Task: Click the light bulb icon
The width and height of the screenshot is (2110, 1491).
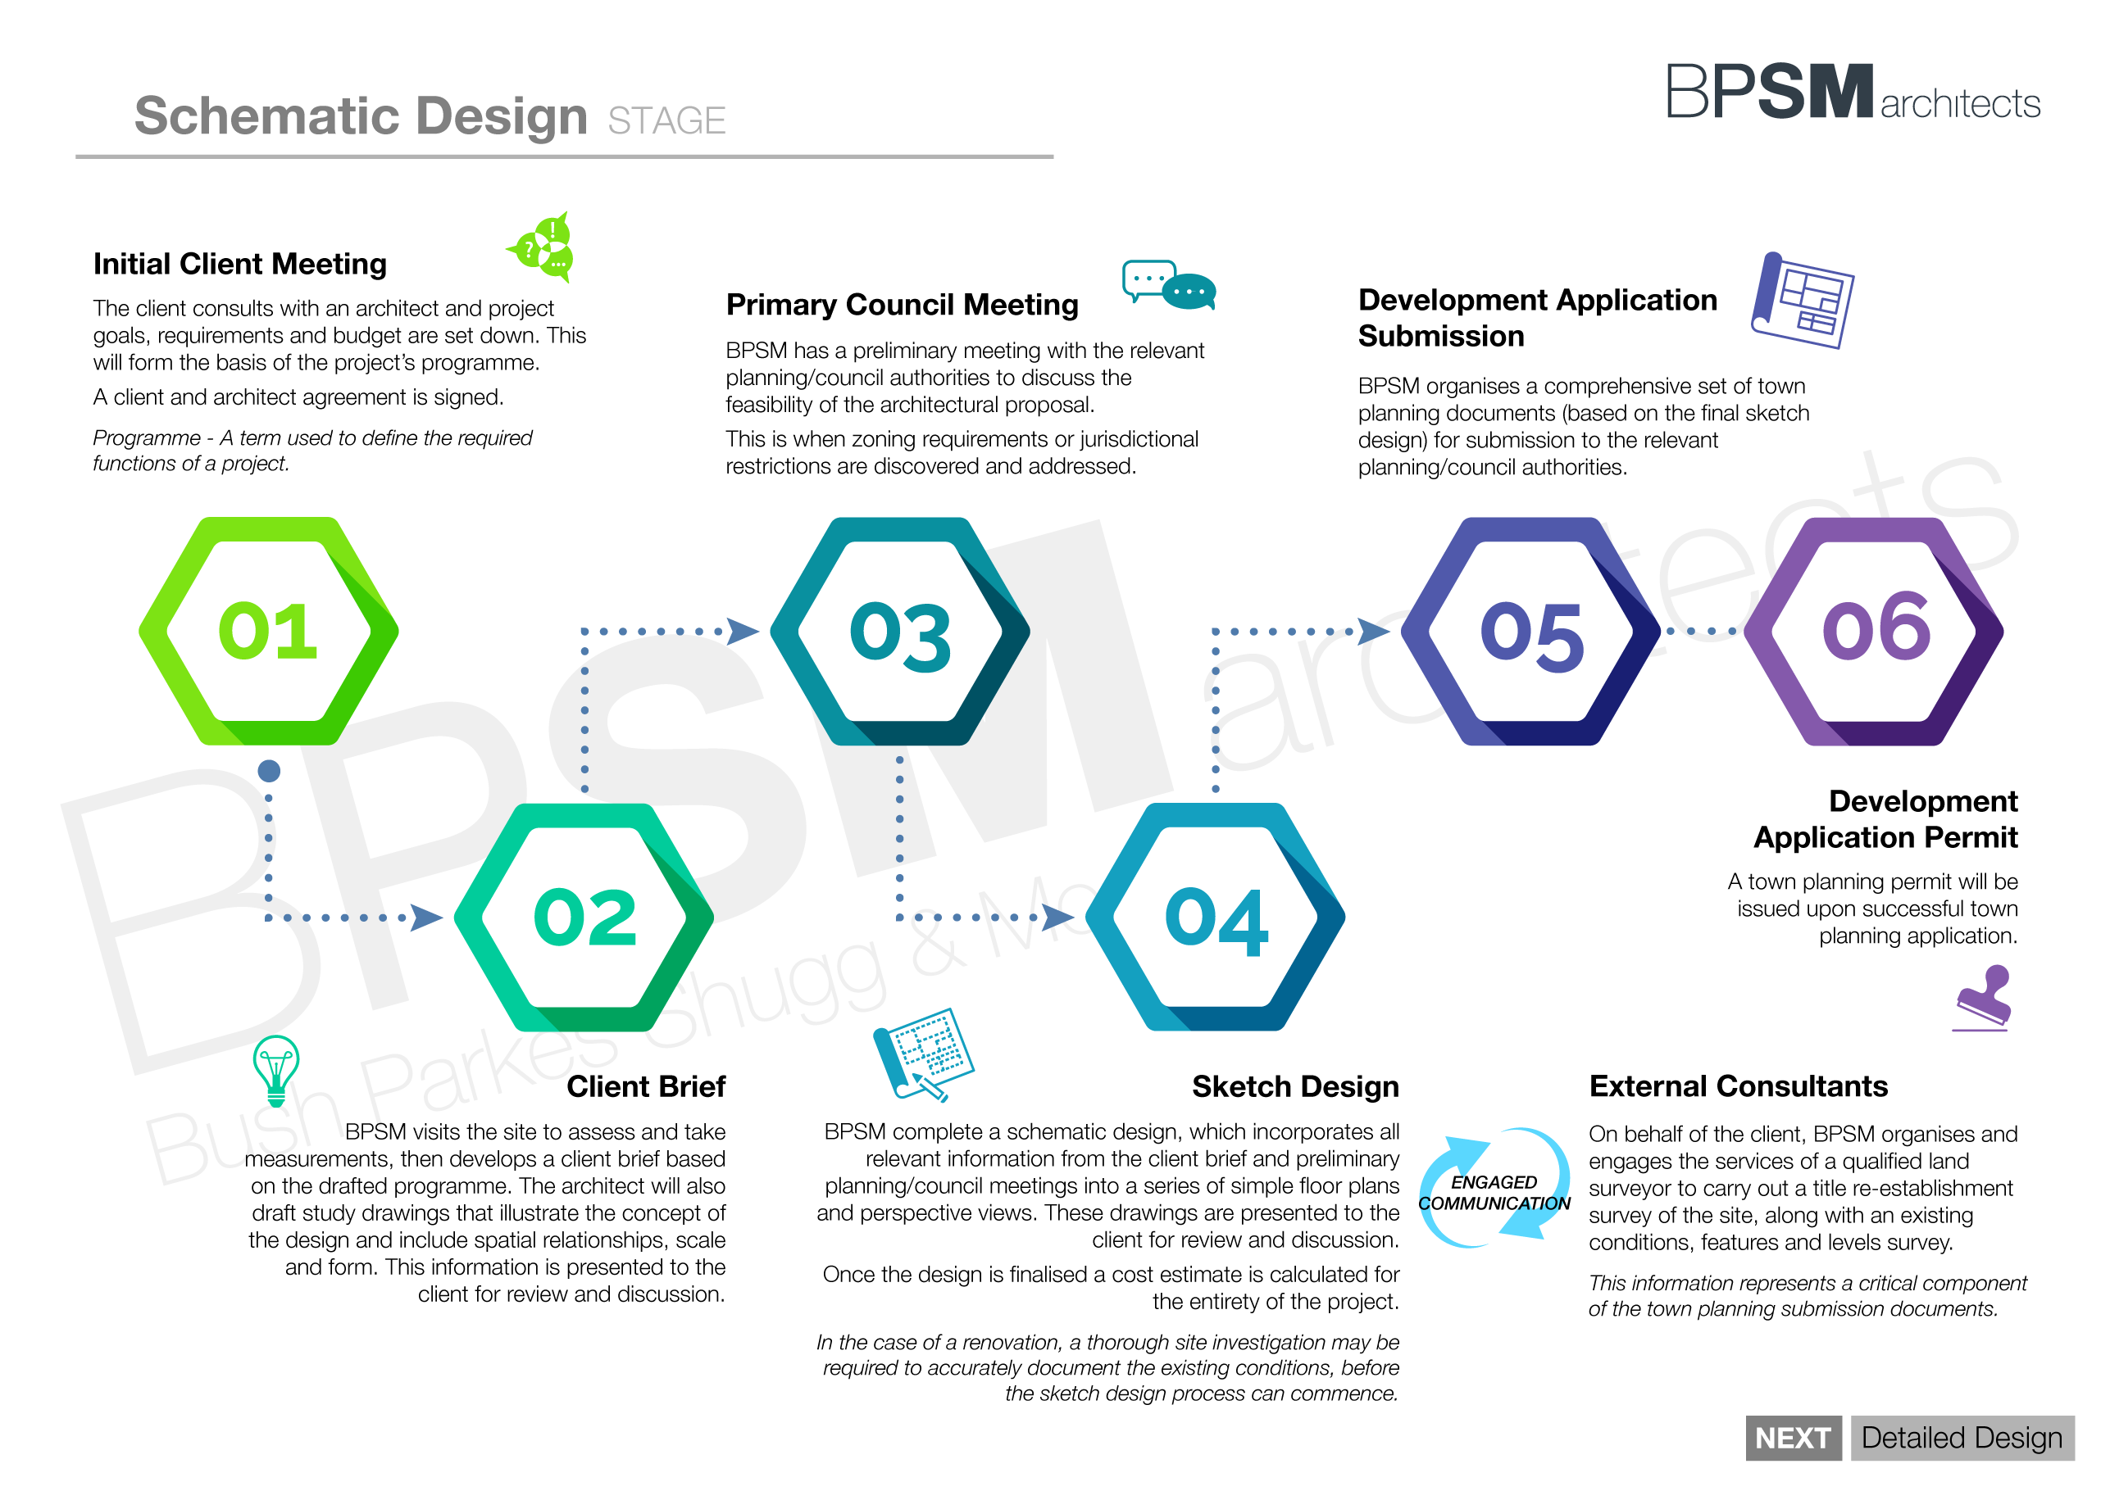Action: click(x=275, y=1070)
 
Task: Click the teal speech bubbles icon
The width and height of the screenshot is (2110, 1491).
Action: click(x=1168, y=285)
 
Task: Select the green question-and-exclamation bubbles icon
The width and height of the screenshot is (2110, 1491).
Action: click(x=542, y=247)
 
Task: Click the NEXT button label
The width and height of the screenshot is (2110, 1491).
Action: click(x=1793, y=1438)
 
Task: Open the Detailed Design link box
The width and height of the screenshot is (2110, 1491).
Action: click(x=1962, y=1438)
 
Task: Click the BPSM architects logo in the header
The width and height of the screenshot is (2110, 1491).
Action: click(x=1853, y=92)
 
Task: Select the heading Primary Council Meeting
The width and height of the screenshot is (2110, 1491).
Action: click(x=902, y=304)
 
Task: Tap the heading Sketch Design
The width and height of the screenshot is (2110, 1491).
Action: click(x=1295, y=1087)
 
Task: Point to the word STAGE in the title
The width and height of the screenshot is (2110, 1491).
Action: click(x=666, y=120)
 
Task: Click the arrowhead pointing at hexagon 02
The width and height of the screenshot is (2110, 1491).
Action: click(x=426, y=917)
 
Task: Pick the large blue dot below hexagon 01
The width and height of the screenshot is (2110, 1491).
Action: click(x=269, y=771)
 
